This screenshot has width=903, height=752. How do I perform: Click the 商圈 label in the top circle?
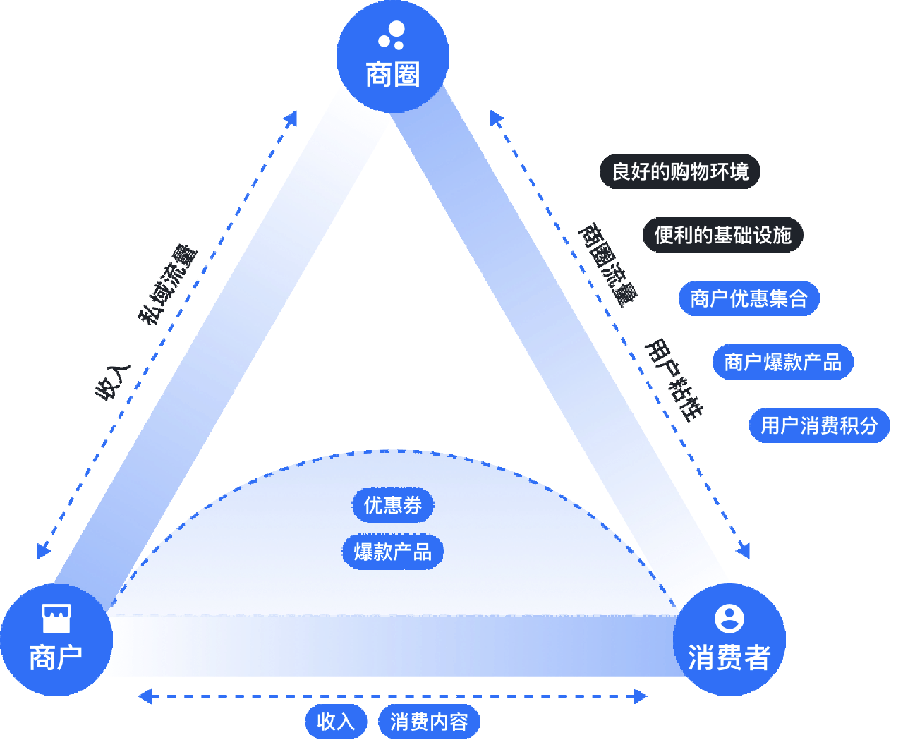click(x=393, y=75)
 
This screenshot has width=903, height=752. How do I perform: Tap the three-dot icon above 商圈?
click(x=392, y=35)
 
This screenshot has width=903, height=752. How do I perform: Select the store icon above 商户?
click(x=56, y=619)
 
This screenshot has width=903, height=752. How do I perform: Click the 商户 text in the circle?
click(x=56, y=658)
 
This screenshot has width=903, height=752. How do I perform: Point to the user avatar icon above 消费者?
click(x=729, y=619)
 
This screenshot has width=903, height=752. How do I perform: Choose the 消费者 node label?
click(x=729, y=658)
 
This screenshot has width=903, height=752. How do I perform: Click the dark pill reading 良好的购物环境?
click(x=680, y=171)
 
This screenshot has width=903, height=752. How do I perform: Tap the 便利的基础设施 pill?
click(x=723, y=235)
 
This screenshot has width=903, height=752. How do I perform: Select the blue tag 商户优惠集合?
click(x=749, y=298)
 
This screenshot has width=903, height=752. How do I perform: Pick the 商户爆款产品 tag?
click(x=783, y=362)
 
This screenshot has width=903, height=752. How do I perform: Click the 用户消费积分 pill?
click(x=820, y=425)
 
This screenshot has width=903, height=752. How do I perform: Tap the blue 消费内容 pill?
click(x=429, y=722)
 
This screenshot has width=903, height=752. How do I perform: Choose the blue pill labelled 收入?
click(x=336, y=722)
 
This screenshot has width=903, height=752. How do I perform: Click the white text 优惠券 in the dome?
click(x=393, y=505)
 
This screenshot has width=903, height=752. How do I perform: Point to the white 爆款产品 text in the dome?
click(x=393, y=552)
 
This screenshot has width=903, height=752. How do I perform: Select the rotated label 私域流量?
click(x=167, y=284)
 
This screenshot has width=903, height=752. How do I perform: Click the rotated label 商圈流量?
click(x=607, y=265)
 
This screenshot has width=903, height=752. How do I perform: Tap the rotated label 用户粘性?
click(x=674, y=380)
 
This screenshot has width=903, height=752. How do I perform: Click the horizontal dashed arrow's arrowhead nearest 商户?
click(x=144, y=696)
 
